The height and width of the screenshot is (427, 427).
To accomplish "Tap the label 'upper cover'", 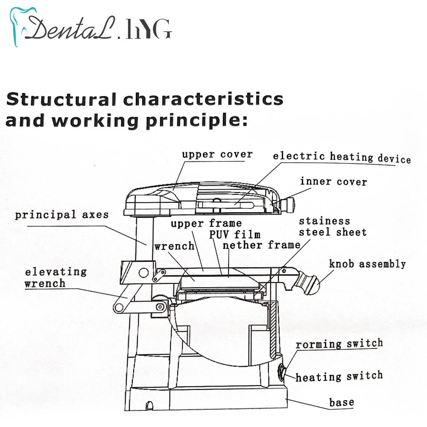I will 217,154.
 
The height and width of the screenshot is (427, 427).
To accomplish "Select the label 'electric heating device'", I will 342,157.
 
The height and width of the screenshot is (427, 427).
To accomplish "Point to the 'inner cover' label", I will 333,181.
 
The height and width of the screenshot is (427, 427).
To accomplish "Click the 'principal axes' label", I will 62,214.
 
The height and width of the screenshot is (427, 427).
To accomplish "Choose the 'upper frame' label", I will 206,223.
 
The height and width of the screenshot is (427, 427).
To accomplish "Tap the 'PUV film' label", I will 234,234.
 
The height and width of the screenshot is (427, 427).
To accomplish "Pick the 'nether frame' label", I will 261,245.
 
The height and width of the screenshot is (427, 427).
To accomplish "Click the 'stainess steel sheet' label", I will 332,227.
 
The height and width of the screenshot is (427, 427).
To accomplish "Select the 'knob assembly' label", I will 367,263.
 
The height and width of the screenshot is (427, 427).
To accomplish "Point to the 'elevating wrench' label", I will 56,277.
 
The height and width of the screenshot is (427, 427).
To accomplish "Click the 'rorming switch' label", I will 339,344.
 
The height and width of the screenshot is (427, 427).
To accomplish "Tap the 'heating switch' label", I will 339,377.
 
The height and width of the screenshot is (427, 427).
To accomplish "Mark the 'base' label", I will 341,402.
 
